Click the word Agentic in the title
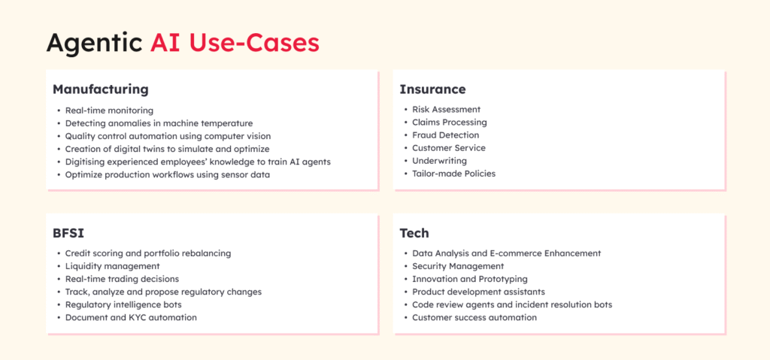click(95, 44)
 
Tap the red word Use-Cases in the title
click(254, 44)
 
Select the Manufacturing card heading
click(101, 90)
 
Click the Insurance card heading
click(432, 89)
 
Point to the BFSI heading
click(68, 233)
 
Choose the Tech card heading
click(414, 233)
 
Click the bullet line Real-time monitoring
click(109, 110)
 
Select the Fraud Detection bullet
click(445, 135)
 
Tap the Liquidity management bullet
click(113, 266)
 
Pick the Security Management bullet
click(458, 266)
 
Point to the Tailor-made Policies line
click(453, 174)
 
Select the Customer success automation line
click(474, 317)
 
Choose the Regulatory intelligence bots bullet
click(123, 304)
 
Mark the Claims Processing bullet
click(450, 123)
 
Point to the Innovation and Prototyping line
click(470, 279)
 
